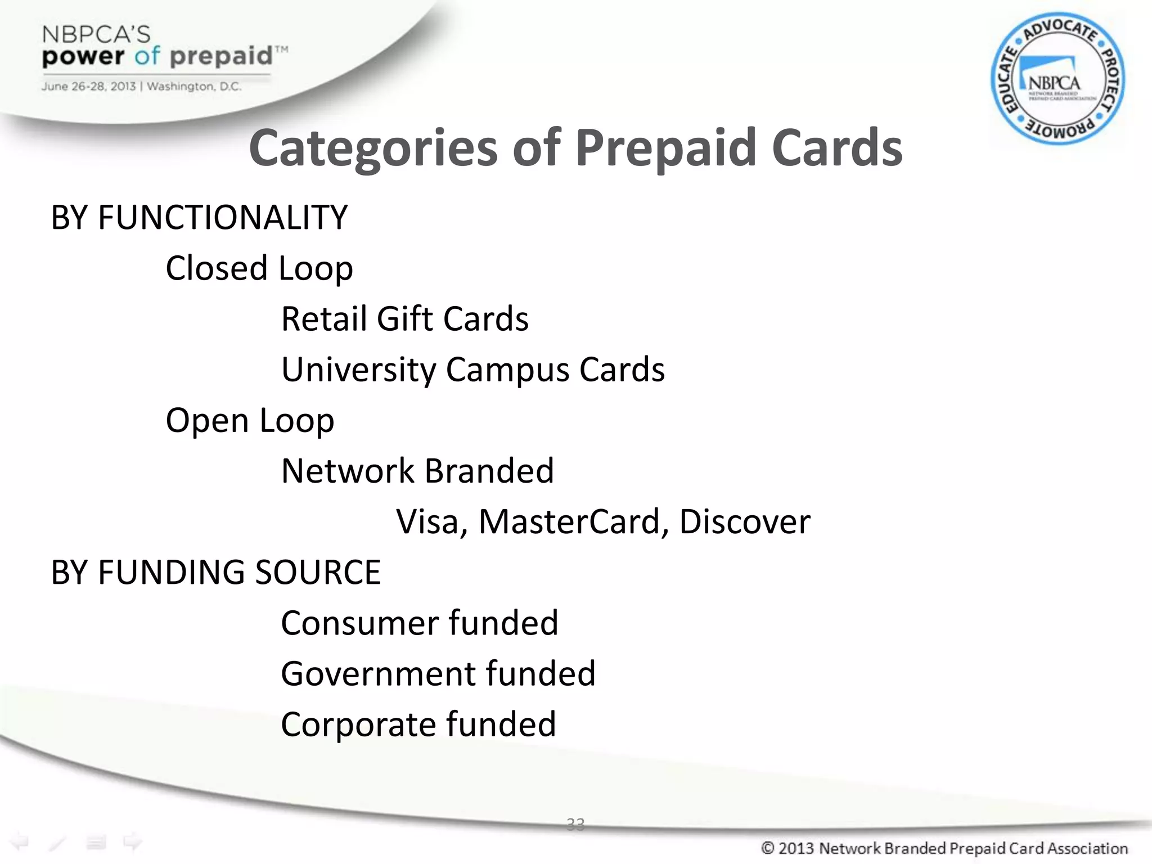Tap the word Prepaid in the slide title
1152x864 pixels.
pyautogui.click(x=665, y=148)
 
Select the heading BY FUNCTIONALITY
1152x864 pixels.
pyautogui.click(x=199, y=218)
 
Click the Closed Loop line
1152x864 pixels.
pyautogui.click(x=259, y=268)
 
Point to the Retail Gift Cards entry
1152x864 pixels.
pyautogui.click(x=404, y=319)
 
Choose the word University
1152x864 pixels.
pyautogui.click(x=358, y=370)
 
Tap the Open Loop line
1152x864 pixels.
pyautogui.click(x=250, y=421)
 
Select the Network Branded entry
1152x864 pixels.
pyautogui.click(x=417, y=471)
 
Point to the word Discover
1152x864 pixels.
pyautogui.click(x=745, y=522)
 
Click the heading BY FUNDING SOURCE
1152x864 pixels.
pyautogui.click(x=215, y=573)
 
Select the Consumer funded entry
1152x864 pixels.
pyautogui.click(x=419, y=623)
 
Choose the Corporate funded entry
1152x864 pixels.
pyautogui.click(x=418, y=724)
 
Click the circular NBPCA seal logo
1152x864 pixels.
pyautogui.click(x=1057, y=79)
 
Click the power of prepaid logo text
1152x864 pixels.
pyautogui.click(x=157, y=56)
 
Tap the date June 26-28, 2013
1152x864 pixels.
pyautogui.click(x=88, y=87)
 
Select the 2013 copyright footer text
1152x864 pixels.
pyautogui.click(x=944, y=848)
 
